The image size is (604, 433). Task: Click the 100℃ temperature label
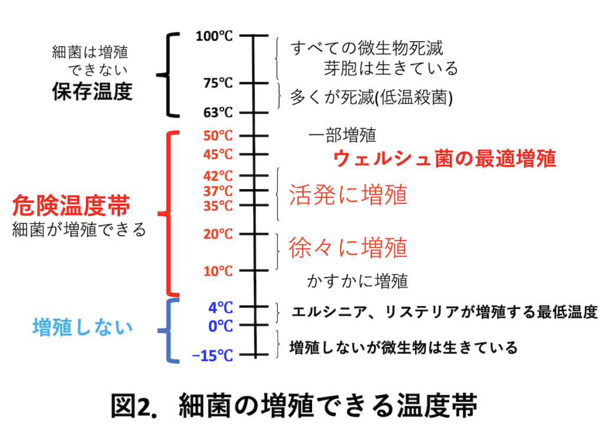(214, 37)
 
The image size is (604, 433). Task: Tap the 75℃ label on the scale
(218, 84)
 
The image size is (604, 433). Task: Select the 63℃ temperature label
(218, 112)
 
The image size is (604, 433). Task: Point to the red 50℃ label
(218, 135)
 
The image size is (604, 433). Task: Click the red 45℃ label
(218, 154)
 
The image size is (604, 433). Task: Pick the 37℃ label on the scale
(218, 191)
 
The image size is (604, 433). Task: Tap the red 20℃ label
(218, 234)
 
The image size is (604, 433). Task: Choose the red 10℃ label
(218, 271)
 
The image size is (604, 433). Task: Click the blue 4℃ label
(221, 307)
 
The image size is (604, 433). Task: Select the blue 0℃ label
(221, 325)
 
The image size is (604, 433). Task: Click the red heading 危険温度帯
(71, 206)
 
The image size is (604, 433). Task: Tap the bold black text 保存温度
(92, 92)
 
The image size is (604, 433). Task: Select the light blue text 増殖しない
(83, 327)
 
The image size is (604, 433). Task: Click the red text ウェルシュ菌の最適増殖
(445, 158)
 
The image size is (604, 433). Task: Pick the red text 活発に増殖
(348, 194)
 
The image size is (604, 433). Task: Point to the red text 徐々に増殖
(348, 247)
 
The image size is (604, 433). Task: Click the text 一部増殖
(342, 135)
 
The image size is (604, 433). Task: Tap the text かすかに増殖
(357, 280)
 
